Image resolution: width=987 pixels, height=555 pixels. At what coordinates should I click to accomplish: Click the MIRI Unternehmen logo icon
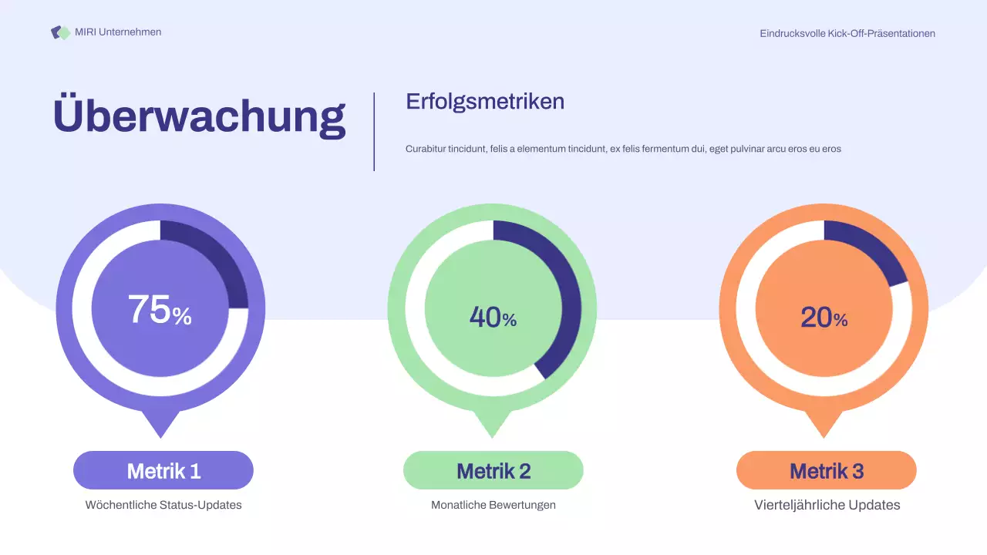tap(60, 32)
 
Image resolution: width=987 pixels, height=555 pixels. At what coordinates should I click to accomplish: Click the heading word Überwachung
tap(199, 116)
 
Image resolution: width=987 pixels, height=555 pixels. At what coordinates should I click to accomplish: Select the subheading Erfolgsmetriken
tap(485, 101)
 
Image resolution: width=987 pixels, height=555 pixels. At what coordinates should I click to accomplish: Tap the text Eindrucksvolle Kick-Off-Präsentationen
tap(847, 33)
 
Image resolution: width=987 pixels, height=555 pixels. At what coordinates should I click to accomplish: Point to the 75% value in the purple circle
tap(160, 310)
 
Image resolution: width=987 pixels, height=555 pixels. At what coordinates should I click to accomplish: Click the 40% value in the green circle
tap(493, 317)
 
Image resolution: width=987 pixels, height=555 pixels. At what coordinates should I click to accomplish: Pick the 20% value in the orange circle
tap(824, 317)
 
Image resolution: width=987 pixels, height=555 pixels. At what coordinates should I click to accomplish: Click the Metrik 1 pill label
tap(163, 470)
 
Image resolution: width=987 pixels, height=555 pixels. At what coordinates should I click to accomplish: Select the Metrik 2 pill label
tap(493, 470)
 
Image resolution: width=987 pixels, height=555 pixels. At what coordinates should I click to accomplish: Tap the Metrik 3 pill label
tap(827, 470)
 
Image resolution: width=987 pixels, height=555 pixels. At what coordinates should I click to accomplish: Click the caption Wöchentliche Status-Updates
tap(163, 505)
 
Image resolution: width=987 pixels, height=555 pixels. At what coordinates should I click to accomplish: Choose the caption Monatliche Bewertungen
tap(493, 505)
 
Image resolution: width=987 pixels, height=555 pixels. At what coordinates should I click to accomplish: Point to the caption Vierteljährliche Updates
tap(827, 505)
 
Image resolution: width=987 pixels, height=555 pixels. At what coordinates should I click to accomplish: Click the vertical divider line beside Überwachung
tap(374, 131)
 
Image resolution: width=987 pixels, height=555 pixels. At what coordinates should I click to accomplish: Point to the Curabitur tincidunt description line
tap(623, 149)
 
